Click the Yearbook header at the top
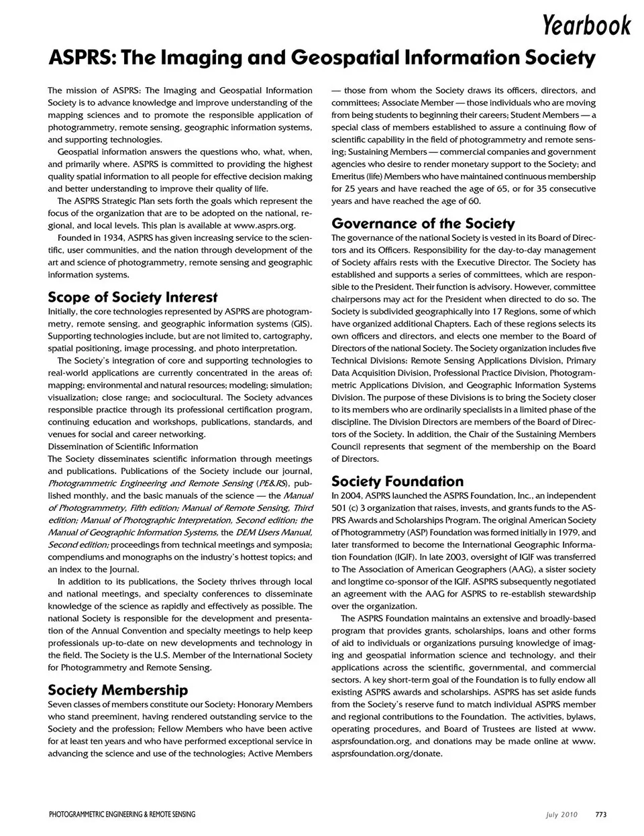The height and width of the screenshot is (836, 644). (x=587, y=25)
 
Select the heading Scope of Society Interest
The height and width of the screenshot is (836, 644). (x=133, y=297)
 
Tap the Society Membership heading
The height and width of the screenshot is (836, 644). (x=118, y=690)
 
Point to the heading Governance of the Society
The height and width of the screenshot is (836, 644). (x=423, y=223)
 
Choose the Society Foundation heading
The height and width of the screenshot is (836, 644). (x=397, y=481)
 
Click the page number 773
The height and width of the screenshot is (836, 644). (x=600, y=815)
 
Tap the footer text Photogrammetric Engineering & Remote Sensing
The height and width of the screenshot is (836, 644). (x=122, y=815)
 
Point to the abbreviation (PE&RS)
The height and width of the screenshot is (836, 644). (x=271, y=483)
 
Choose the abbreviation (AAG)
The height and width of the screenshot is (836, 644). (x=492, y=569)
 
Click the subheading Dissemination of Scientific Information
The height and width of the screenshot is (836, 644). (x=123, y=446)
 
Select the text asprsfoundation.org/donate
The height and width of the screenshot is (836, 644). (x=387, y=753)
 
